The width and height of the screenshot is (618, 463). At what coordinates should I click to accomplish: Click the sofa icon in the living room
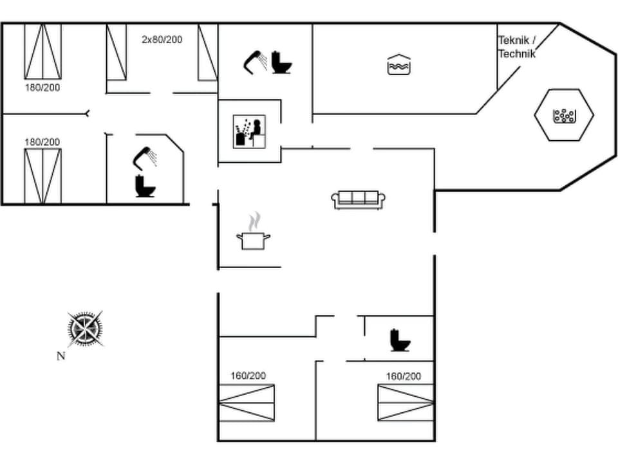point(358,199)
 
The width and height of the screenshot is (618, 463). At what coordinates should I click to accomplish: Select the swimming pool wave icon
point(399,64)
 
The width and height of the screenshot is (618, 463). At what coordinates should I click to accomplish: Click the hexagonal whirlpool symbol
point(564,115)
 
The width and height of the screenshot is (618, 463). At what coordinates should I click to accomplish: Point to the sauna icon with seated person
point(249,131)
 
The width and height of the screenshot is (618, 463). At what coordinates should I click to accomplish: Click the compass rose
point(86,329)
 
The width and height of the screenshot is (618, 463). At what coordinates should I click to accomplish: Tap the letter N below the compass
point(61,356)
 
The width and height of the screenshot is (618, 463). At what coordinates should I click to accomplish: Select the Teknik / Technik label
point(516,47)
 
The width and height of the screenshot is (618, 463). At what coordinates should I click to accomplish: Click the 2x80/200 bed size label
point(162,39)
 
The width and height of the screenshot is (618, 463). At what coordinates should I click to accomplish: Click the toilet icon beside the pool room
point(281,62)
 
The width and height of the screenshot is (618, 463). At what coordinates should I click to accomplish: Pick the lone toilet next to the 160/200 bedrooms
point(400,340)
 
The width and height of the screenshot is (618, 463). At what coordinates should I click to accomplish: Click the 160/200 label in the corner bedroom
point(248,376)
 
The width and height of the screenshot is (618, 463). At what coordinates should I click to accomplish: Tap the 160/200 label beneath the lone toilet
point(404,376)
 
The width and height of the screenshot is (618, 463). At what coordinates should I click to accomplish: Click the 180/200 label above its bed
point(42,141)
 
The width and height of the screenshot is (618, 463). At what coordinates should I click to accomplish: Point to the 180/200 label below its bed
point(42,87)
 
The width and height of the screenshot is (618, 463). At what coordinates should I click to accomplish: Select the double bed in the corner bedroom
point(247,403)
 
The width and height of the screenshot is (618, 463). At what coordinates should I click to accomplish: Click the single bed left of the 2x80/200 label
point(117,52)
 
